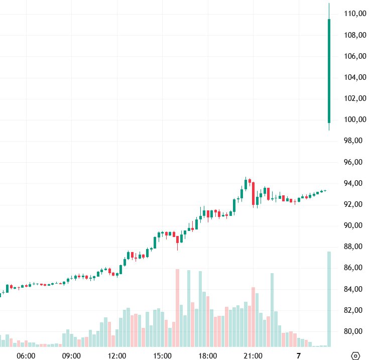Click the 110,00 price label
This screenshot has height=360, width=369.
click(354, 14)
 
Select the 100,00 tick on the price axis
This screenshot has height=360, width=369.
click(354, 119)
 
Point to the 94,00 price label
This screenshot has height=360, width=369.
click(354, 183)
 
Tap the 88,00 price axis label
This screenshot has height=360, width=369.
click(354, 247)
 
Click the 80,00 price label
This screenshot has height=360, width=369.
click(354, 331)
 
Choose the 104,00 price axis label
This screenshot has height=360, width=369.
click(354, 77)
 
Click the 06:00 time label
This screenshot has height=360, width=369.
click(26, 355)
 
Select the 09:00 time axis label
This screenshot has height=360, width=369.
click(71, 355)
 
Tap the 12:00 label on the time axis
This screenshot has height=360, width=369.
click(117, 355)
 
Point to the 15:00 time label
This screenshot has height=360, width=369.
click(162, 355)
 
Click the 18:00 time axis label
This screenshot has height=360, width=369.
click(208, 355)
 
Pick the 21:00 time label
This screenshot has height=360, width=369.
click(253, 355)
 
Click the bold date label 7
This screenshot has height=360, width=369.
click(299, 355)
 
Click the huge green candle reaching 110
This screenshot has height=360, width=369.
click(329, 70)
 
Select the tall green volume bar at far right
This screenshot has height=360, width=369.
click(329, 299)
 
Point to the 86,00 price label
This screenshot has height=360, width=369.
click(354, 268)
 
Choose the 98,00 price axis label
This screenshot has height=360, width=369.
click(354, 141)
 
